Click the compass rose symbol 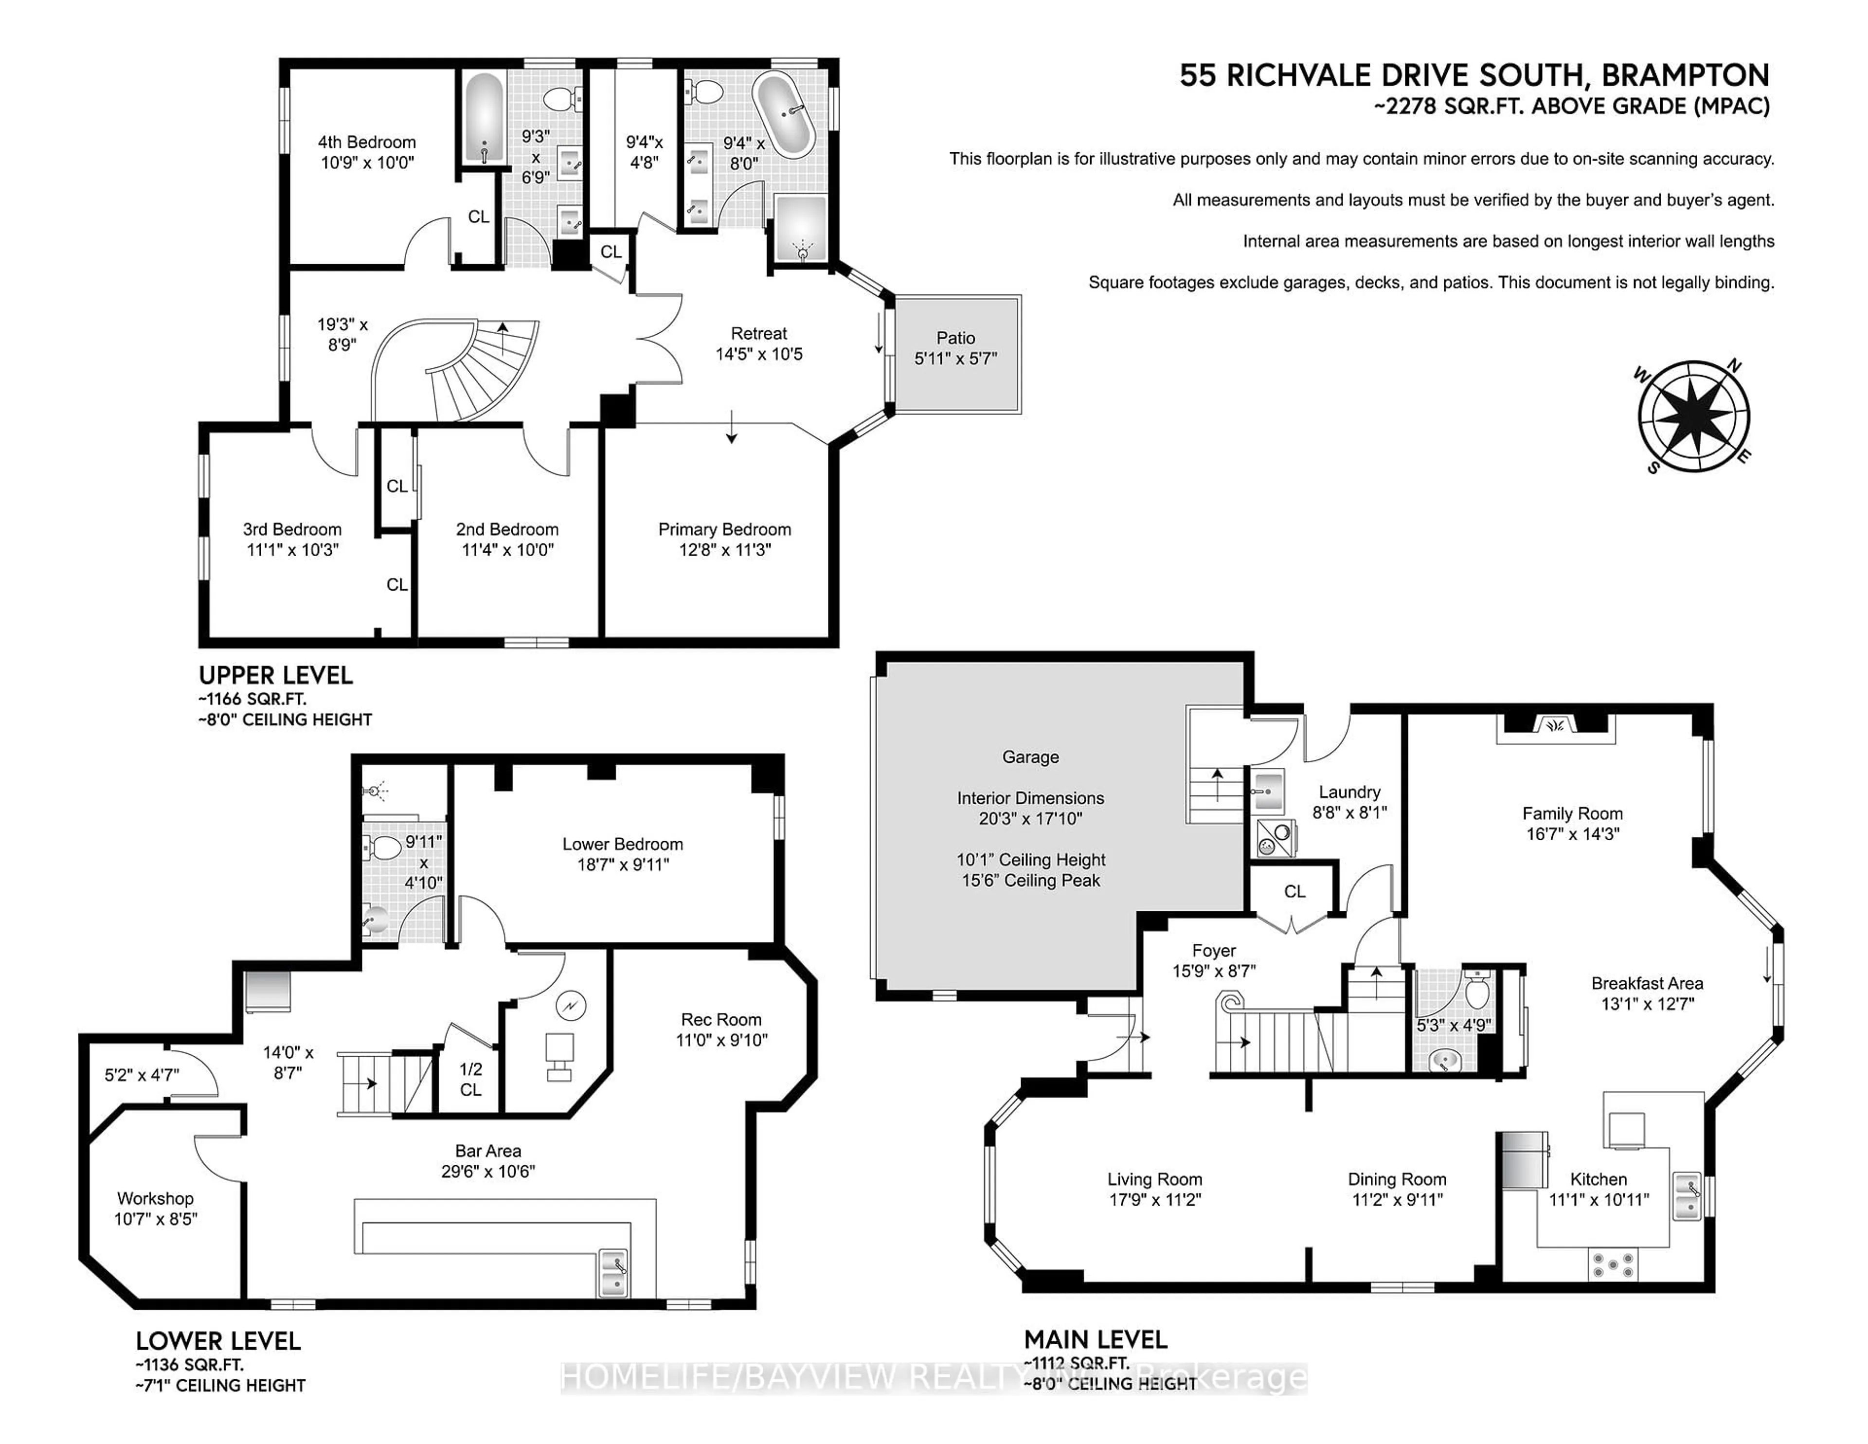(1693, 417)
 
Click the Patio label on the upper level (955, 338)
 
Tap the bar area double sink (614, 1272)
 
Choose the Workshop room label (155, 1198)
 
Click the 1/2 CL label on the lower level (470, 1079)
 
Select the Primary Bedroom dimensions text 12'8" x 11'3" (724, 550)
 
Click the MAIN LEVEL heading (1095, 1339)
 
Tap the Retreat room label (759, 334)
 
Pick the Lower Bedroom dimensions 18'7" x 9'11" (623, 865)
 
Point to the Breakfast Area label (1647, 984)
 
